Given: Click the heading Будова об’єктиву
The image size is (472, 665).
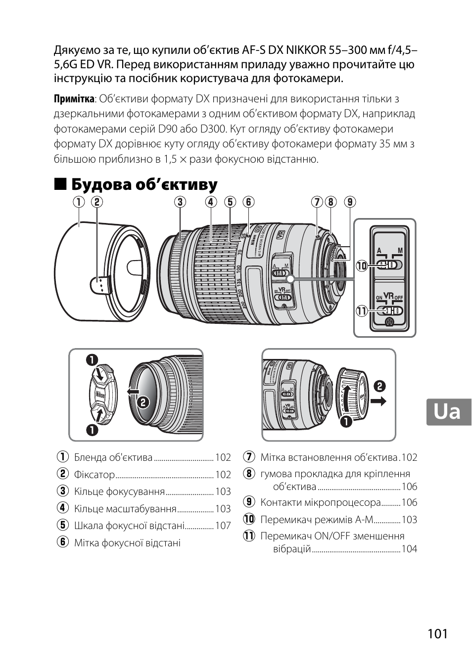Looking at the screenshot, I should pos(144,185).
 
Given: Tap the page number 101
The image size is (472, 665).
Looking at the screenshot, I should pos(438,633).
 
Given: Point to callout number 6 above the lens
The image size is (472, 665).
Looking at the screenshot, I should pos(248,202).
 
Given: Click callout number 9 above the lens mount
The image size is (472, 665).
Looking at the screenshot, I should pos(350,202).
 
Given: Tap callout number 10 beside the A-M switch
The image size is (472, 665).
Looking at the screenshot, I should pos(361,266).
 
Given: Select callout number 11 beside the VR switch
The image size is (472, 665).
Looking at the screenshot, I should pos(361,311).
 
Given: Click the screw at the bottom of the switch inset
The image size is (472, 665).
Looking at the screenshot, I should pos(389,323).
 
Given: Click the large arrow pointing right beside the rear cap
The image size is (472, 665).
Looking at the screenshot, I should pos(378,401).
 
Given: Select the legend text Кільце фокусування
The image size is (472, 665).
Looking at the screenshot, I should pos(119,491).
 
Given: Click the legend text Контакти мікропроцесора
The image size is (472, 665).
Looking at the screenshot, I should pos(321,502).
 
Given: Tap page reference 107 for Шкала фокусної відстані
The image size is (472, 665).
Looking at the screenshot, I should pos(223,526).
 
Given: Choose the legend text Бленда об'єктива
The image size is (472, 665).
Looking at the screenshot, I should pos(113,457).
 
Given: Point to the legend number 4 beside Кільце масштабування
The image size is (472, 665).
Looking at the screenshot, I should pos(62,508).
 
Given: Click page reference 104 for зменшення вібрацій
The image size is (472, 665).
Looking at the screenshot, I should pos(409,549).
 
